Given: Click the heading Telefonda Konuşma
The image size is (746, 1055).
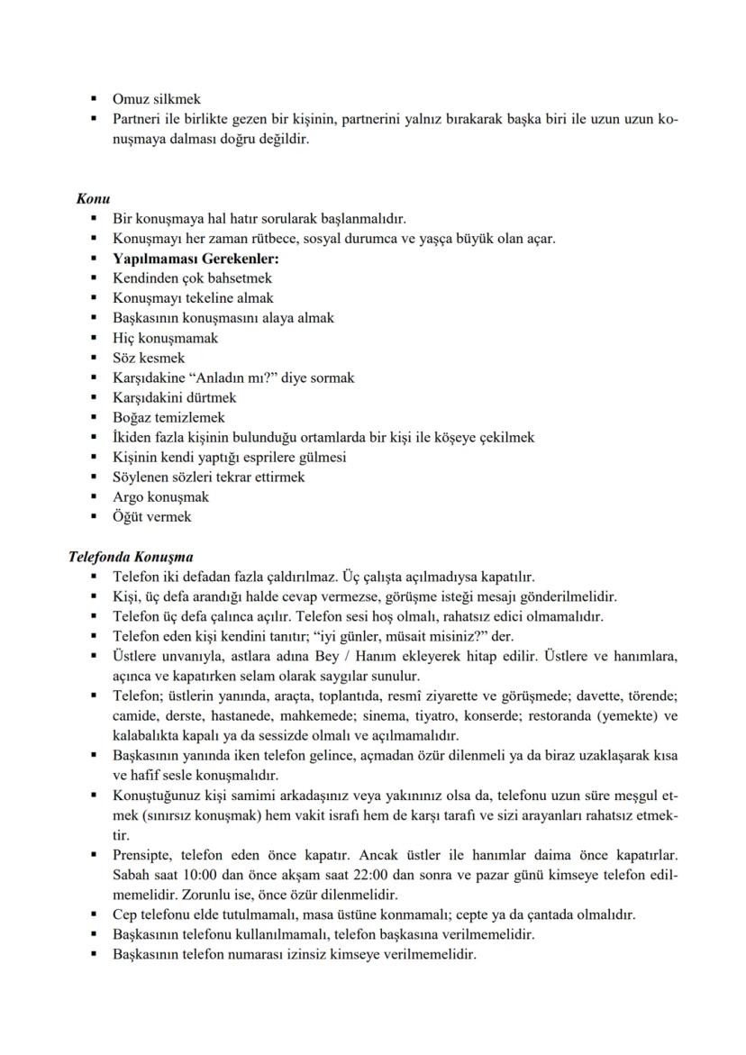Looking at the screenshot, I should pyautogui.click(x=131, y=557).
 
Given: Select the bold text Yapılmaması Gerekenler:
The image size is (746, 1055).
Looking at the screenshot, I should pyautogui.click(x=183, y=259).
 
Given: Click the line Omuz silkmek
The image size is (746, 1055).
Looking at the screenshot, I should pyautogui.click(x=156, y=99).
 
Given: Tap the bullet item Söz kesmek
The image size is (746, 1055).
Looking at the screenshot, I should pyautogui.click(x=148, y=358).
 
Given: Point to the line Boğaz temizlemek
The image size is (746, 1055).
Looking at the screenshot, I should pyautogui.click(x=168, y=417).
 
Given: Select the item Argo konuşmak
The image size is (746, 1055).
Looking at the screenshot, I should pyautogui.click(x=160, y=497).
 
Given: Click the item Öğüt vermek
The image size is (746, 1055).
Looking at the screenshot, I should pyautogui.click(x=151, y=517).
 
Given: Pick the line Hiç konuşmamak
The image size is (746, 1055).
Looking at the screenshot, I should pyautogui.click(x=165, y=338).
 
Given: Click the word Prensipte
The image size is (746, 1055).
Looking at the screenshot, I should pyautogui.click(x=142, y=854).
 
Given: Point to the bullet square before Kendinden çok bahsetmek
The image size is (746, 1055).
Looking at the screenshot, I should pyautogui.click(x=94, y=278).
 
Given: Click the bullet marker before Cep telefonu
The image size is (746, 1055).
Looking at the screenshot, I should pyautogui.click(x=94, y=914).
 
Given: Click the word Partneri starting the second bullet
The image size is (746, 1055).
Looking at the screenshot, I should pyautogui.click(x=137, y=119).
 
